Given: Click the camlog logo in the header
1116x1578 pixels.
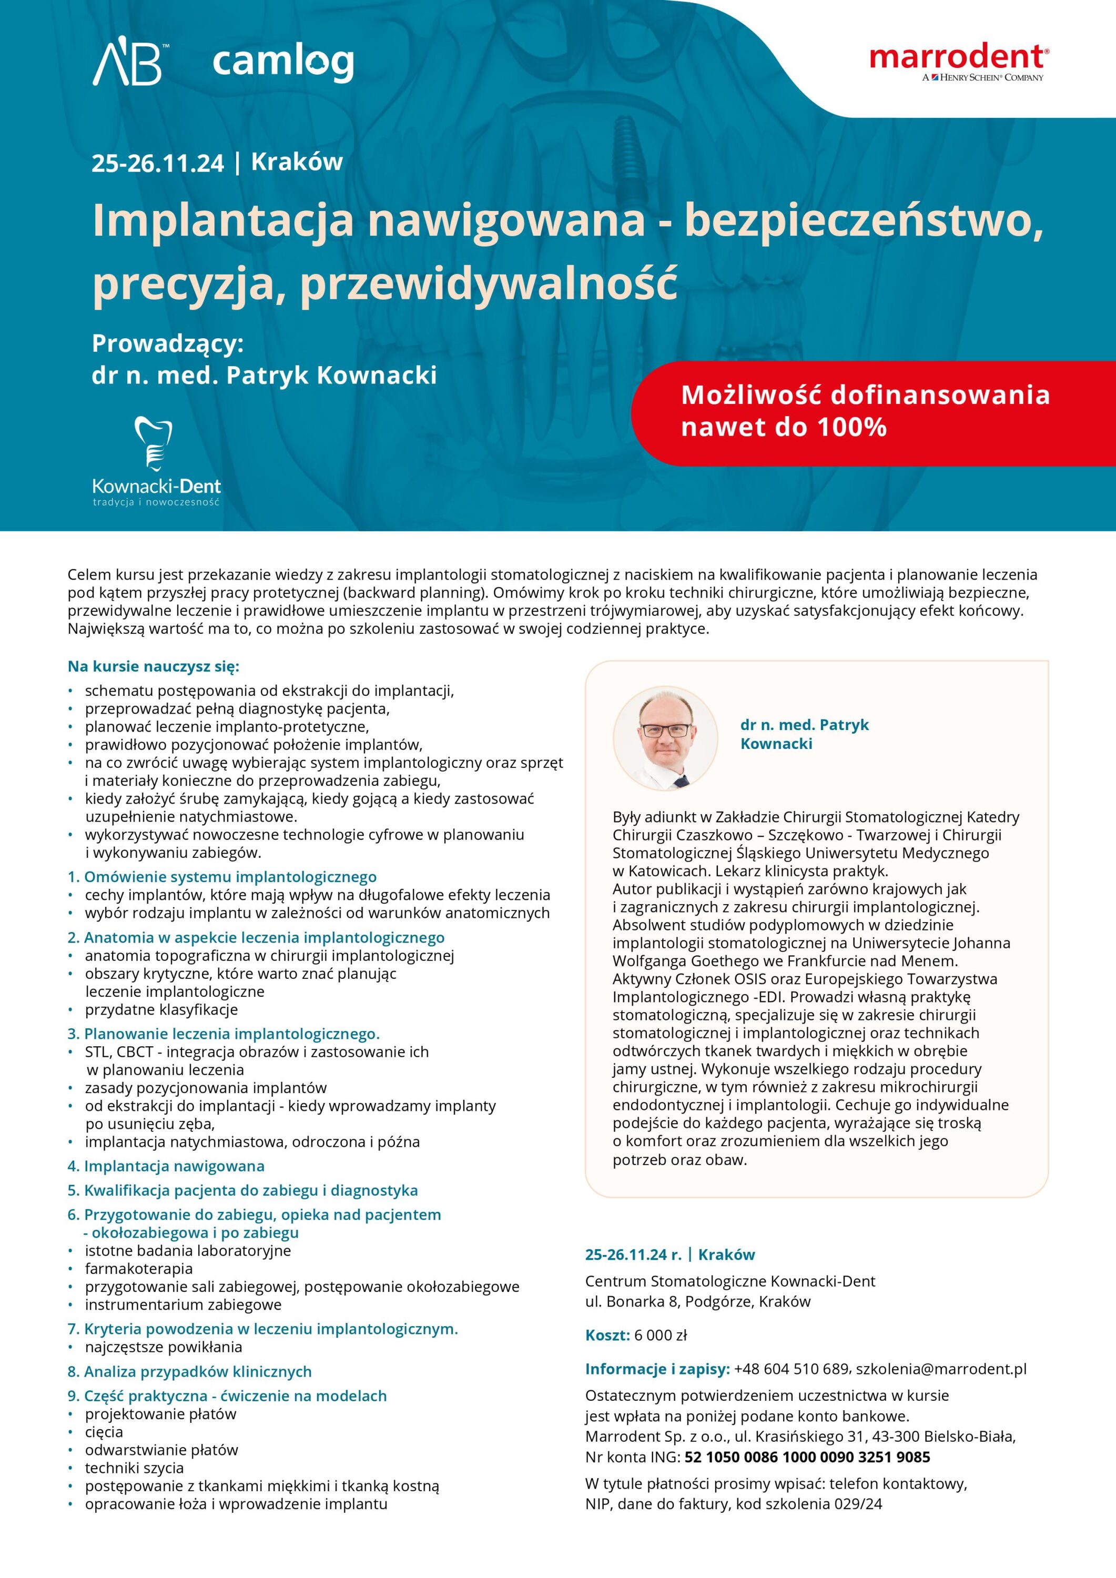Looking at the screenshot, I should tap(283, 63).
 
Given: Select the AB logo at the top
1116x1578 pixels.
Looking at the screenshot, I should tap(128, 62).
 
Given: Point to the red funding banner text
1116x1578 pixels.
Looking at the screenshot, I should tap(865, 410).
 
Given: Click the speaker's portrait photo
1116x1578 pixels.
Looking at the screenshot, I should tap(665, 737).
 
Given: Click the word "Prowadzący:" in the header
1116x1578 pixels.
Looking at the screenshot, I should tap(168, 343).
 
